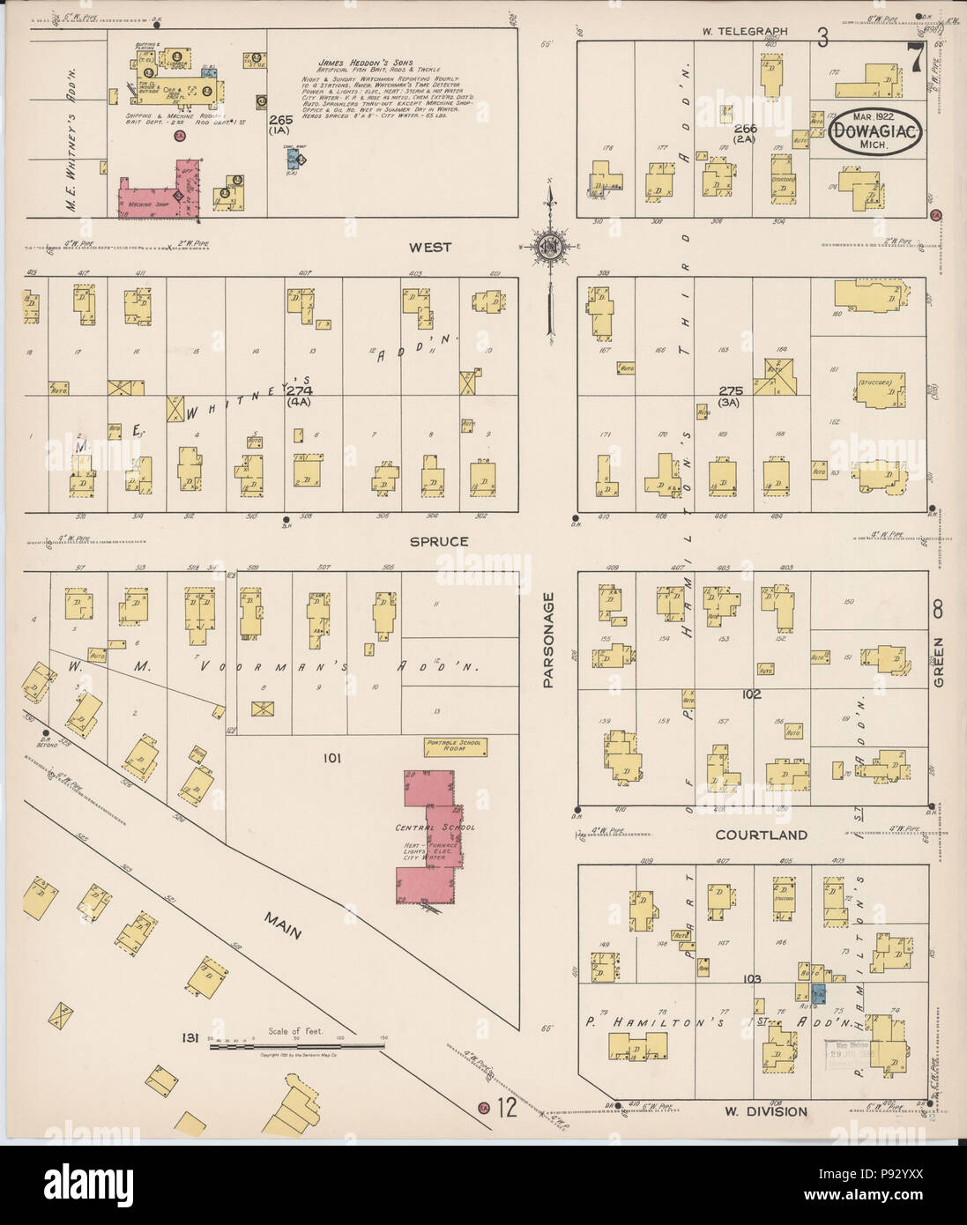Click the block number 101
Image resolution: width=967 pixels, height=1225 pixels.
(x=330, y=758)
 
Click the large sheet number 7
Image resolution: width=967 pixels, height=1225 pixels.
(x=916, y=60)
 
